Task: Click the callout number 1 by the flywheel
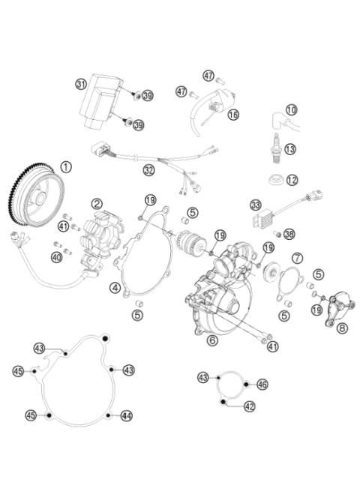tap(66, 167)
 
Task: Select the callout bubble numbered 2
tap(97, 203)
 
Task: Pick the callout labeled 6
tap(212, 340)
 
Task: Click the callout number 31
tap(82, 84)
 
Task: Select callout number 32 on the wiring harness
tap(149, 170)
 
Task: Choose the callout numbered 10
tap(291, 110)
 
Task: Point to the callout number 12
tap(291, 180)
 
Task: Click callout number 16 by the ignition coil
tap(233, 115)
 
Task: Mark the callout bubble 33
tap(256, 204)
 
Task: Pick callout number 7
tap(297, 259)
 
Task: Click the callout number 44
tap(126, 415)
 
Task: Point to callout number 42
tap(249, 406)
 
